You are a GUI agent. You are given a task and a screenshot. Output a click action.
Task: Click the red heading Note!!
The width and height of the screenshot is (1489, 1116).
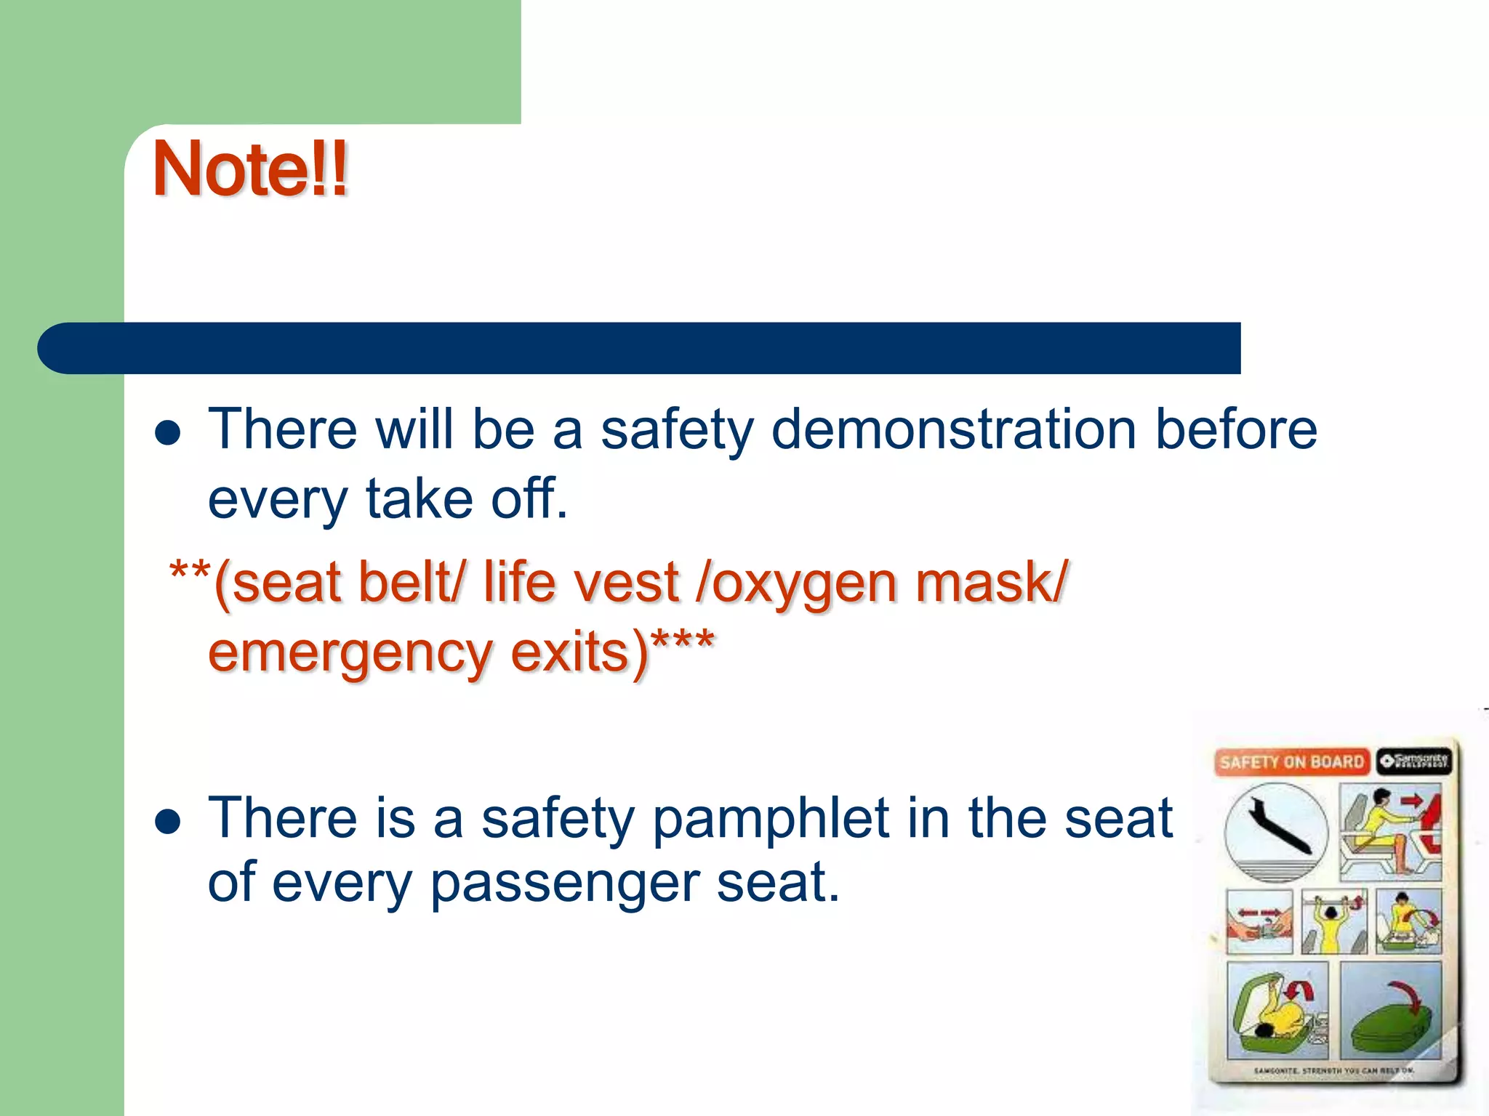pos(250,169)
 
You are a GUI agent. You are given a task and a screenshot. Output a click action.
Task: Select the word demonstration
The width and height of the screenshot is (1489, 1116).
pos(953,429)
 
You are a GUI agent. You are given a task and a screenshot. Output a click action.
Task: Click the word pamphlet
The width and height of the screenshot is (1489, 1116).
pos(771,820)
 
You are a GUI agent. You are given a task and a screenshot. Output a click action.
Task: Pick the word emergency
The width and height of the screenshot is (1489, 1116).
pos(351,653)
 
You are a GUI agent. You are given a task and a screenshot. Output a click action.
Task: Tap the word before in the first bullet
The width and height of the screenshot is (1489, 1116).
pos(1236,429)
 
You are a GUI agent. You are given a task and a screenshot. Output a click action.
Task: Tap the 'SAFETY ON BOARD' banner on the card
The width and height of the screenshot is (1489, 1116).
pos(1291,761)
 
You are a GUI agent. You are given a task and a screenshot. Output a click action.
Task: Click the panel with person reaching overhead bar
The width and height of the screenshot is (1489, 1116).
pos(1334,921)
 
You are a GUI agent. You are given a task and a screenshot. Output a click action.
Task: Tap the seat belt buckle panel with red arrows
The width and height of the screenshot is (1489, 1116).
pos(1259,921)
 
